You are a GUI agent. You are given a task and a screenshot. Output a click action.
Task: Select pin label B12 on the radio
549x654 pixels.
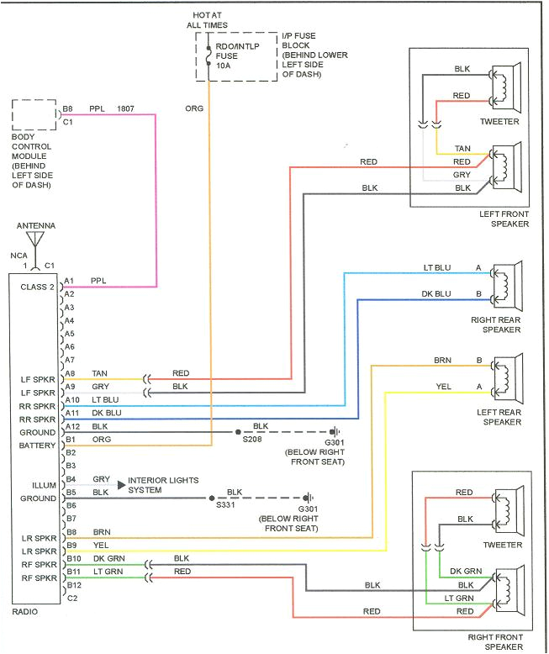pyautogui.click(x=73, y=584)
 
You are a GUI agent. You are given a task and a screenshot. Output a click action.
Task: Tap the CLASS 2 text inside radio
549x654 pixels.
pyautogui.click(x=37, y=287)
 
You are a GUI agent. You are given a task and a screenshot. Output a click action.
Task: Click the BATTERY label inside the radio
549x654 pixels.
pyautogui.click(x=37, y=446)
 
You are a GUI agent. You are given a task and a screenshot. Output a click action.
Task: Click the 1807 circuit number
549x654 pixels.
pyautogui.click(x=125, y=108)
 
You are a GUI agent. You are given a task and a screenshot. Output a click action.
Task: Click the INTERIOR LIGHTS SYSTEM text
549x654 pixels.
pyautogui.click(x=163, y=485)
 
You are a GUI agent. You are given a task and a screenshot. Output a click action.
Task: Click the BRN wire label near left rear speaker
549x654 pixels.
pyautogui.click(x=442, y=361)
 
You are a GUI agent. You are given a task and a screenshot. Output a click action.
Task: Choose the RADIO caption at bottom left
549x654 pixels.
pyautogui.click(x=25, y=611)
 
